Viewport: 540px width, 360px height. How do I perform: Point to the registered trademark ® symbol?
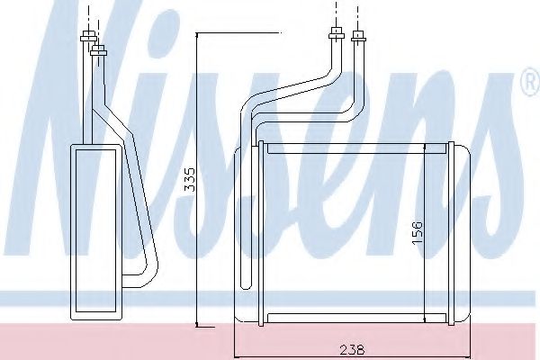click(x=528, y=85)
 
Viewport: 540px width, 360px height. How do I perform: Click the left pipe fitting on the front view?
click(x=336, y=36)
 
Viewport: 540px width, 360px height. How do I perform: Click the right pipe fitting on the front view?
click(x=359, y=37)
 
